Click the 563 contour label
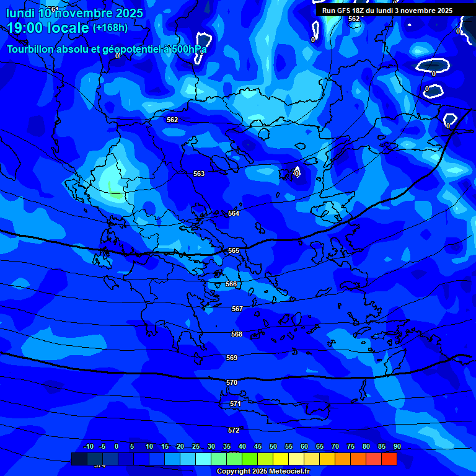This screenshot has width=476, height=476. [x=198, y=174]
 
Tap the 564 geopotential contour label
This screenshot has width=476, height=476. [x=233, y=213]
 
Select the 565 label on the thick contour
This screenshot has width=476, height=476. [x=233, y=251]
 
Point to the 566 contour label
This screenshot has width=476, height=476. [x=231, y=284]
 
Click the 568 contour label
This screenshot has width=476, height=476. [x=237, y=334]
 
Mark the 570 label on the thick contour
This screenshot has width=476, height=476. [x=232, y=382]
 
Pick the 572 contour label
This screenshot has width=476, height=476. [x=234, y=430]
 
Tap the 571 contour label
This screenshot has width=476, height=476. [x=236, y=403]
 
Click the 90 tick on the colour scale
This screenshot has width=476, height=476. [x=397, y=447]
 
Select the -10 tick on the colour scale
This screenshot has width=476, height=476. [x=89, y=447]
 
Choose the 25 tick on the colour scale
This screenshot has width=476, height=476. [x=196, y=447]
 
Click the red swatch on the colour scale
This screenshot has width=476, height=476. [x=389, y=459]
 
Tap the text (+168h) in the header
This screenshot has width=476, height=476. [x=110, y=28]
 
